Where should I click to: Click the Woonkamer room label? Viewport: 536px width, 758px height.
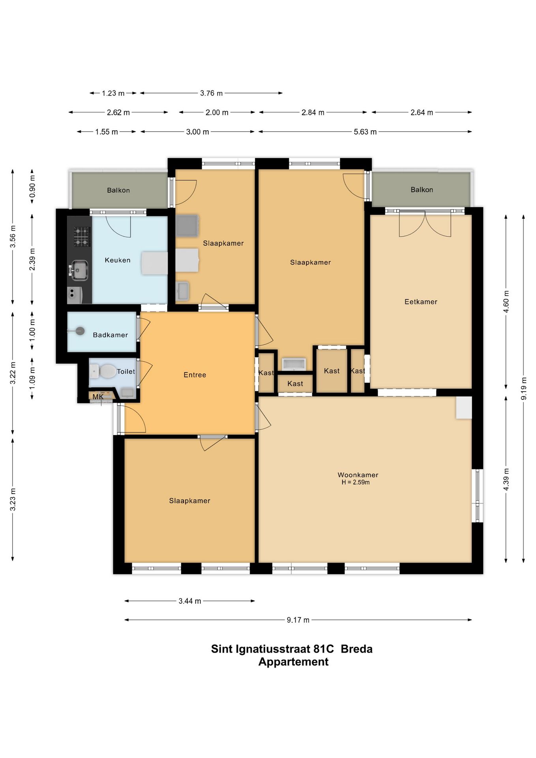(358, 475)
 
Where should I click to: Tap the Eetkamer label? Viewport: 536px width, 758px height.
(421, 302)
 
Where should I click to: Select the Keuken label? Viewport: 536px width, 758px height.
(118, 260)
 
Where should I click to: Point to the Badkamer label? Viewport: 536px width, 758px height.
(111, 335)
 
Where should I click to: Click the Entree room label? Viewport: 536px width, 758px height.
(195, 375)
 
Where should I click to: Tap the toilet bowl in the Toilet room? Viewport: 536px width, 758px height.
(106, 371)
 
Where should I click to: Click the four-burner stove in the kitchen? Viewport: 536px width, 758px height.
(82, 236)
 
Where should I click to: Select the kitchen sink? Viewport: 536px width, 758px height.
(79, 270)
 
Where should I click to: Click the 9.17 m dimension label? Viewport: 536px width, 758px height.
(298, 620)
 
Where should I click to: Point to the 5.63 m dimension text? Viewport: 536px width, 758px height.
(365, 131)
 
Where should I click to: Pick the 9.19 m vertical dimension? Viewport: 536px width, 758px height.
(524, 388)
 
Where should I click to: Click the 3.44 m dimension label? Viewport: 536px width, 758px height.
(190, 601)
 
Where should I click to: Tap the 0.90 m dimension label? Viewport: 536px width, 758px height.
(32, 186)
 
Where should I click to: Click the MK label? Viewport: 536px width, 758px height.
(98, 397)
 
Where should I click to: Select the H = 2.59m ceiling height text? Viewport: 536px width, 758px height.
(356, 482)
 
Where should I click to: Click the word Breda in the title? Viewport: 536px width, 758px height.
(356, 649)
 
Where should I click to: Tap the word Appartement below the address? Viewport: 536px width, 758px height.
(293, 662)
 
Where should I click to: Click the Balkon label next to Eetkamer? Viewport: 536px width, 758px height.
(422, 189)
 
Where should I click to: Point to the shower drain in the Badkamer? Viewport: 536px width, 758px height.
(80, 331)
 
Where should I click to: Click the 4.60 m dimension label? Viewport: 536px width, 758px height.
(506, 302)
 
